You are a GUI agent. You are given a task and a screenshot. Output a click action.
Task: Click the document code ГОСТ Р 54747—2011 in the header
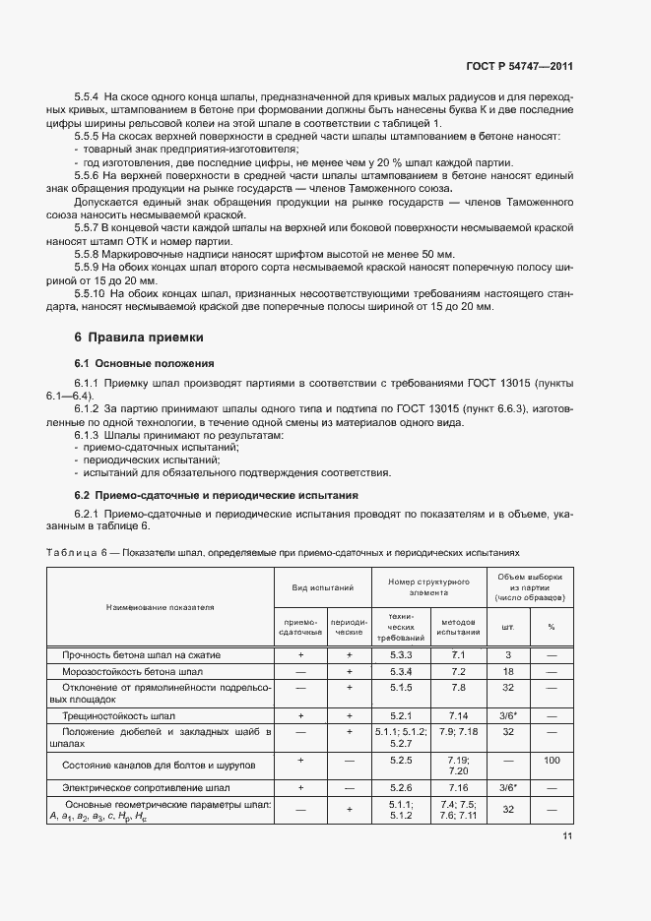point(519,67)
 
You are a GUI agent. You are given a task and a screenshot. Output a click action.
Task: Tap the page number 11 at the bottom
point(567,836)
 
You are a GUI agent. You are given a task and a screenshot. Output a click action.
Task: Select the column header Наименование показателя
point(160,607)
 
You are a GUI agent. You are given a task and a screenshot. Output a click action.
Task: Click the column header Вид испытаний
point(322,586)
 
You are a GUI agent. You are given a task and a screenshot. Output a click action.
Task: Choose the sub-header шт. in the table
point(508,626)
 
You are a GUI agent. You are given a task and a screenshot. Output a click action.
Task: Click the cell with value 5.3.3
point(400,654)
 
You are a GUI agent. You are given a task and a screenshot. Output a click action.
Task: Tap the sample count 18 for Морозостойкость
point(508,671)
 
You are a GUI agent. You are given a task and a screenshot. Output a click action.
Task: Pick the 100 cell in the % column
point(552,761)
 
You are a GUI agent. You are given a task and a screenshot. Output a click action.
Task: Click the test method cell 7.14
point(458,716)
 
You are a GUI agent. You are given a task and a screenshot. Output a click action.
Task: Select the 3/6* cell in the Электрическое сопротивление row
point(508,788)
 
